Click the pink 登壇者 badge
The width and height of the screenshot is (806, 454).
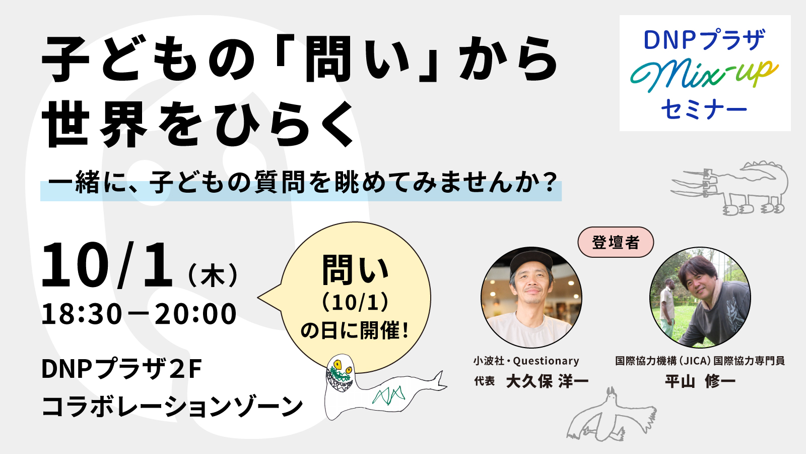tap(615, 242)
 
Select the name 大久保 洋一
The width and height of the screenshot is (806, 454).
tap(547, 381)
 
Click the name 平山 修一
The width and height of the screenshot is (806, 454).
tap(700, 381)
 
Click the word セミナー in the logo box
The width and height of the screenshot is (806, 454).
tap(704, 109)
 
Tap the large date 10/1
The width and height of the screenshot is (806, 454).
tap(107, 265)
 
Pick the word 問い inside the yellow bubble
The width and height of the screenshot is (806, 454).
tap(356, 270)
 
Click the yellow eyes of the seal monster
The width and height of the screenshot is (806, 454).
tap(342, 367)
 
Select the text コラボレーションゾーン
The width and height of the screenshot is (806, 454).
tap(172, 407)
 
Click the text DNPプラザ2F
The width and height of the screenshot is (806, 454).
tap(121, 369)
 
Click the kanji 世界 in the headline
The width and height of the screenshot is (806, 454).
tap(95, 124)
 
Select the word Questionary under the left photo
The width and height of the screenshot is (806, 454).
tap(546, 361)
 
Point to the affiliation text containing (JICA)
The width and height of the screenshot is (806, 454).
tap(700, 361)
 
